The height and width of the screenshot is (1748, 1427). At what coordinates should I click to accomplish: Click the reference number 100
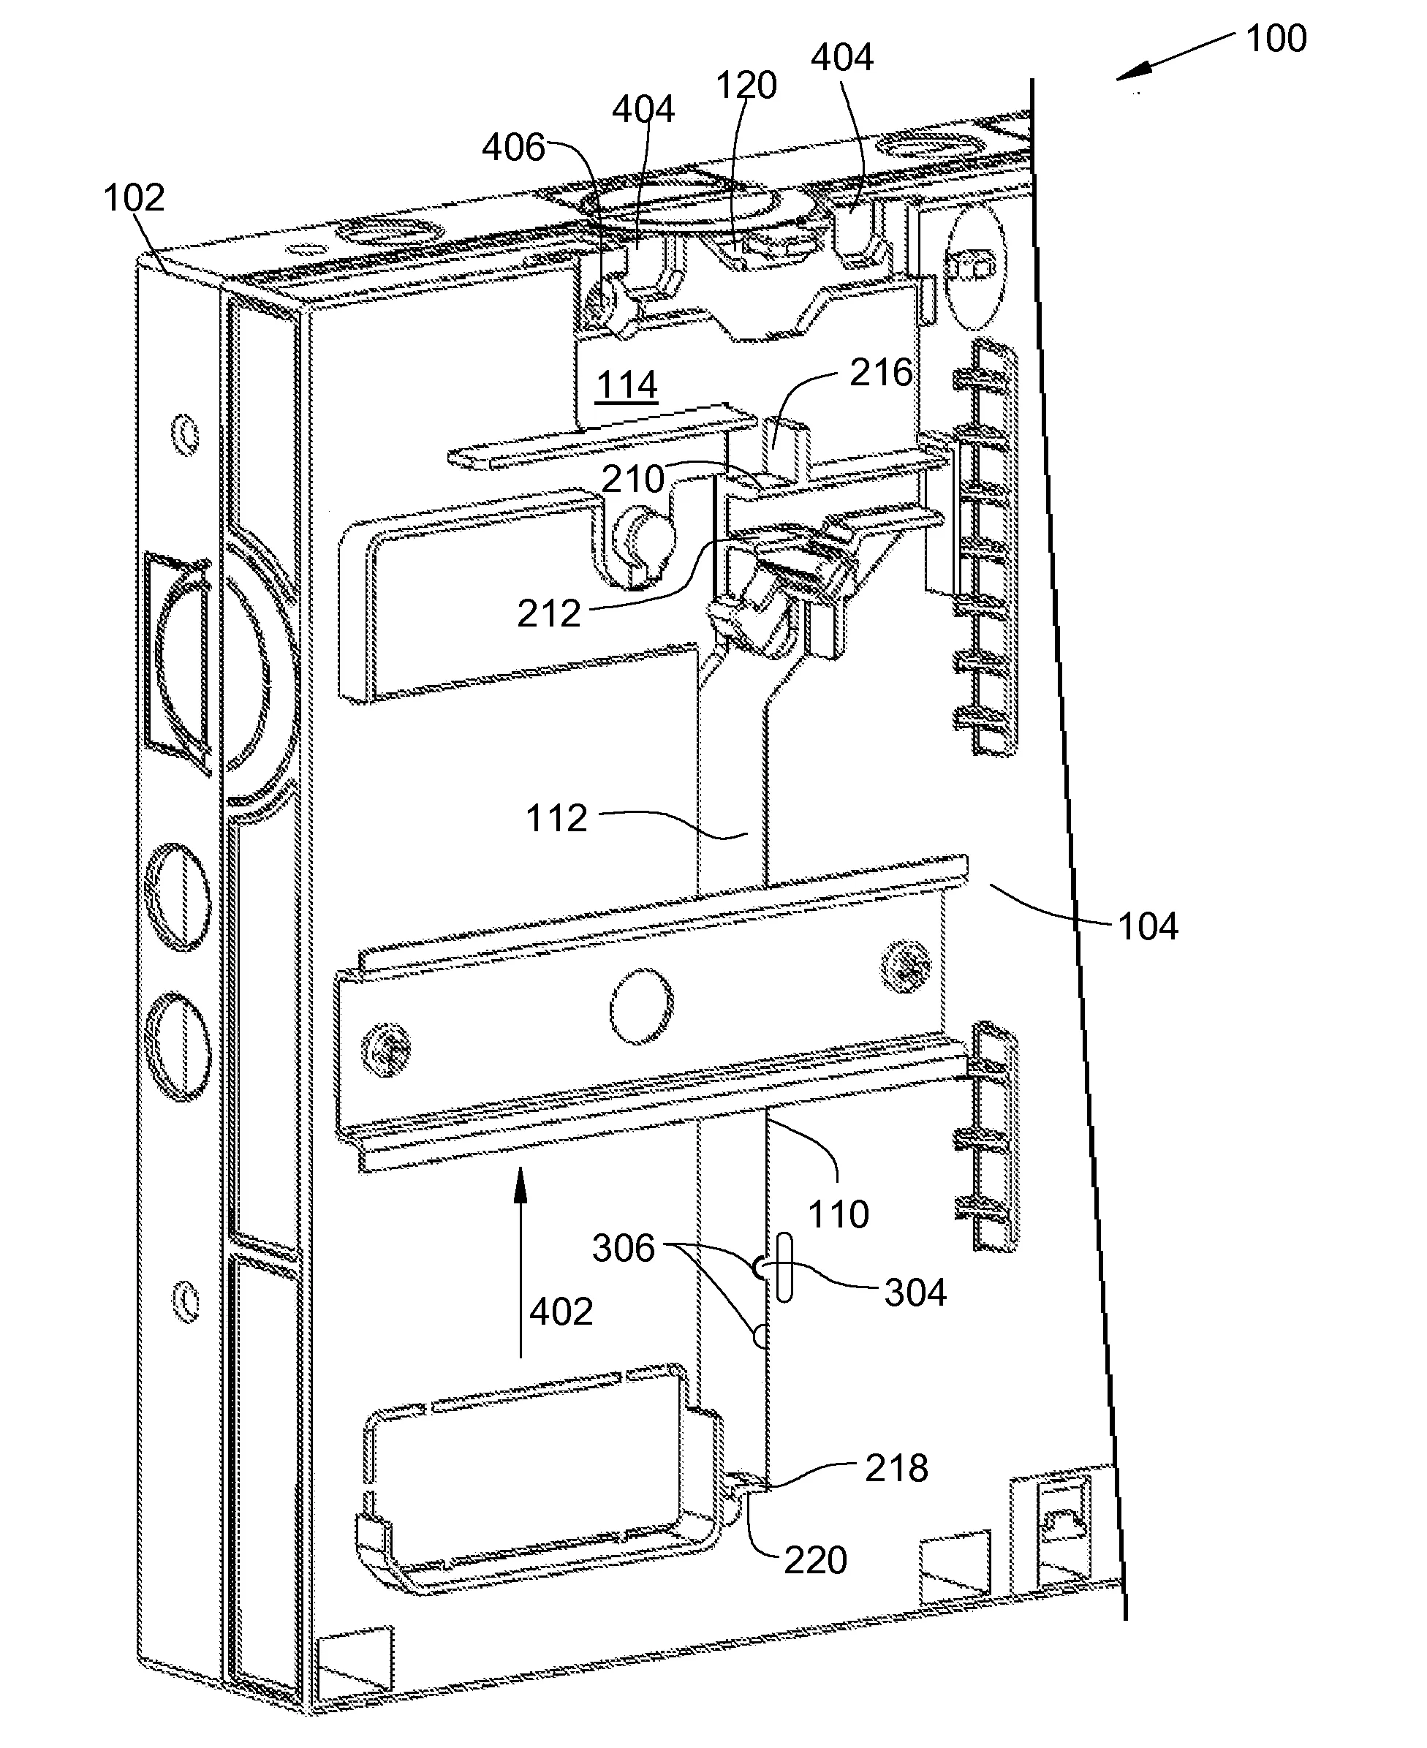click(x=1276, y=39)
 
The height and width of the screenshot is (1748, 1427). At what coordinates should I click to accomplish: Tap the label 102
click(x=134, y=198)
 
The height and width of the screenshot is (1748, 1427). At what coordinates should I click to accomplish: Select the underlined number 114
click(x=627, y=385)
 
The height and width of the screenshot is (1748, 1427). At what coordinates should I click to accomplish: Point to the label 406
click(x=513, y=148)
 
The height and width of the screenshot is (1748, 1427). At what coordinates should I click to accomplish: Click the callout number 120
click(x=746, y=86)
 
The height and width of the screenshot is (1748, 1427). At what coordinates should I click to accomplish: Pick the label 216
click(x=881, y=373)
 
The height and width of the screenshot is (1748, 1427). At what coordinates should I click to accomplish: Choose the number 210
click(x=633, y=478)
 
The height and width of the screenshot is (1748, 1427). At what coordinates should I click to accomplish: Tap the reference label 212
click(x=548, y=613)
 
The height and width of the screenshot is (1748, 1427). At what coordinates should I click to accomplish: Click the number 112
click(x=556, y=819)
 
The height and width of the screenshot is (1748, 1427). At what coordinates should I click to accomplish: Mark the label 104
click(x=1148, y=927)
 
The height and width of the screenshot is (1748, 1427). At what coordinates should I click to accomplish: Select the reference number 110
click(x=839, y=1214)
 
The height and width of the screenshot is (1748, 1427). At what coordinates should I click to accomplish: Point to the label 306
click(x=623, y=1249)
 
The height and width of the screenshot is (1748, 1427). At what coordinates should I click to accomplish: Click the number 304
click(x=916, y=1293)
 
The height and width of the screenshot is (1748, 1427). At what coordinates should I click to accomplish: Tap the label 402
click(x=561, y=1312)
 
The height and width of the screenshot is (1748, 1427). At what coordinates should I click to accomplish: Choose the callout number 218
click(x=897, y=1468)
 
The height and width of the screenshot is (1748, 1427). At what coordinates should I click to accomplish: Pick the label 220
click(x=815, y=1561)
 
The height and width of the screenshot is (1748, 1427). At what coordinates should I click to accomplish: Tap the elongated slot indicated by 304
click(x=784, y=1268)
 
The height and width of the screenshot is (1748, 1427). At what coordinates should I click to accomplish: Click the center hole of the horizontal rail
click(x=641, y=1006)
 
